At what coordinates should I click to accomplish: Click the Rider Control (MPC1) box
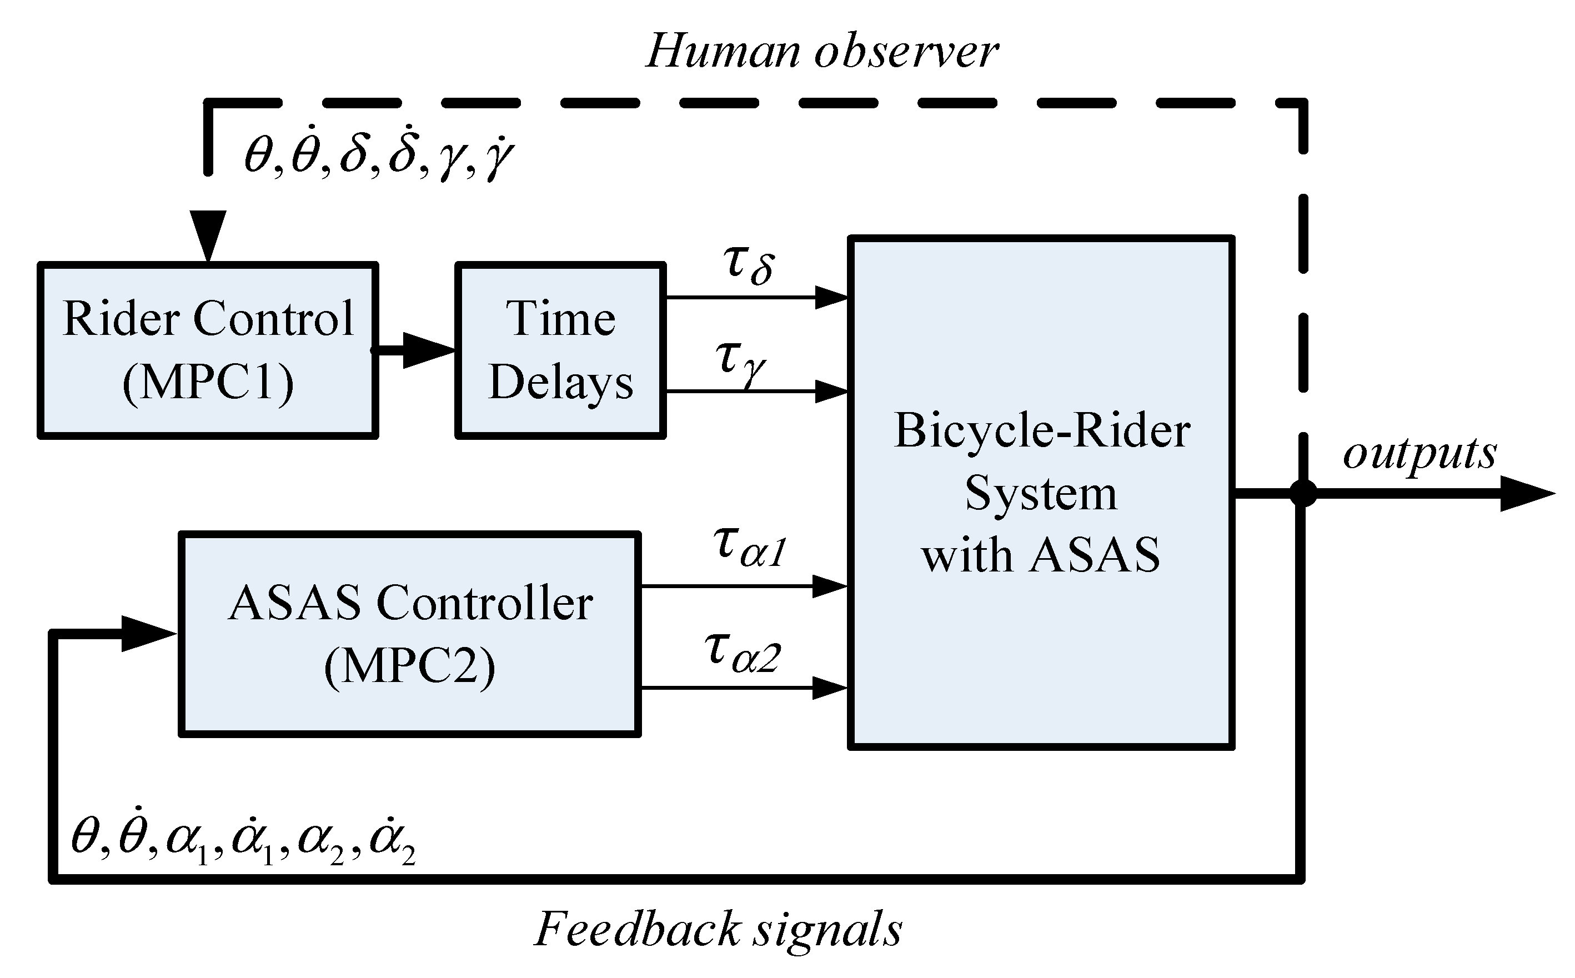208,350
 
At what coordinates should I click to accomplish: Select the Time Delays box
560,350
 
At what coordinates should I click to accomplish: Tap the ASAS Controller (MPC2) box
409,634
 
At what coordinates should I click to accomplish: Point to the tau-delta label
749,265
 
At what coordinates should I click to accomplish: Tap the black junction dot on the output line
1303,494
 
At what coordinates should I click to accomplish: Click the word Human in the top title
723,52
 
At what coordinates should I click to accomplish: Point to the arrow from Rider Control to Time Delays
424,350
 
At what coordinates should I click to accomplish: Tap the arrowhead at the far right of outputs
1527,494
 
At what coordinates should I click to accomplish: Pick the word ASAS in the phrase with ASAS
1095,556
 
